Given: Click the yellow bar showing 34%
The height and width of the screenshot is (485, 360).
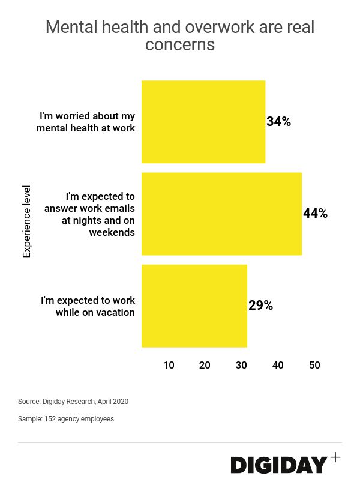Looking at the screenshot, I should [203, 122].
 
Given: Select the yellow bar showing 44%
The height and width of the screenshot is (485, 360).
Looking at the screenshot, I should [221, 214].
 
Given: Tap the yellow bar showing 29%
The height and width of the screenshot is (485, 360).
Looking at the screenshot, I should [194, 306].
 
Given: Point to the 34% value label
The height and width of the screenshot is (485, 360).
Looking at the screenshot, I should [278, 122].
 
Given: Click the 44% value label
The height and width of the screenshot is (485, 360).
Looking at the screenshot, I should [315, 214].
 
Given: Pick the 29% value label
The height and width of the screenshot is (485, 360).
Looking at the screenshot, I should [260, 306].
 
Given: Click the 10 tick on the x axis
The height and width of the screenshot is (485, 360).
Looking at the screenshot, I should [169, 365].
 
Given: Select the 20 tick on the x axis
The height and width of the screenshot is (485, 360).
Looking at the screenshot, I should [205, 365].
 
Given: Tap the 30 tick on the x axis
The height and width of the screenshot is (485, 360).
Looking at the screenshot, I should [241, 365].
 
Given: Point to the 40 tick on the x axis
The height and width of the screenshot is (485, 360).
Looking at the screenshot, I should [278, 365].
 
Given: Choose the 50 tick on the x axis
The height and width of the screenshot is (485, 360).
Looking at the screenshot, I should [314, 365].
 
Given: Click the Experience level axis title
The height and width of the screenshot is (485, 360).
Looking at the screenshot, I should [26, 221].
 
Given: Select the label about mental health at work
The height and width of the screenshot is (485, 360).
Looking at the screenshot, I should [86, 122].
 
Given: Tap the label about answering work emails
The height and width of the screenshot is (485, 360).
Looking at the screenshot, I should [90, 214].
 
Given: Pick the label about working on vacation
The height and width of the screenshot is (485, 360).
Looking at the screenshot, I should [88, 306].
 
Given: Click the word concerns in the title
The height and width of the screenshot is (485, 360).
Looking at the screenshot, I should [179, 45].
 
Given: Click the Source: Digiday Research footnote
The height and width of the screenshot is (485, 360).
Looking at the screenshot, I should [73, 402].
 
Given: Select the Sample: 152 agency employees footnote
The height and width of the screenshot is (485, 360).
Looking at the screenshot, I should [66, 419].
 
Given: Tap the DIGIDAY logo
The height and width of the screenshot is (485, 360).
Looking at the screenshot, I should [280, 465].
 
